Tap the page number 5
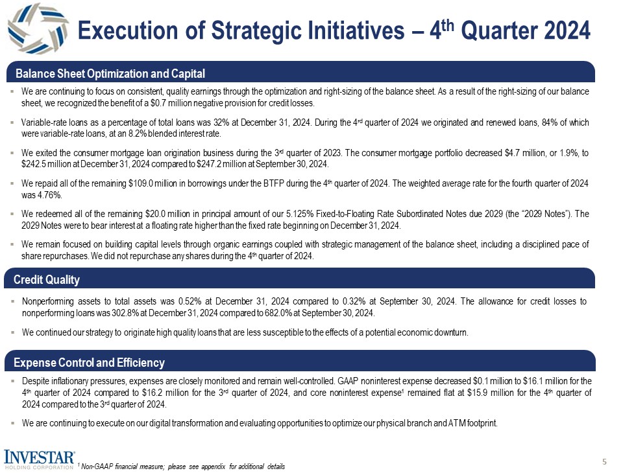pos(604,462)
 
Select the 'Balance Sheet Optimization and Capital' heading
pos(110,73)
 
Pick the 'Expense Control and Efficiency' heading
pos(90,362)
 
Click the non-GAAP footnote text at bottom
pos(182,467)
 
